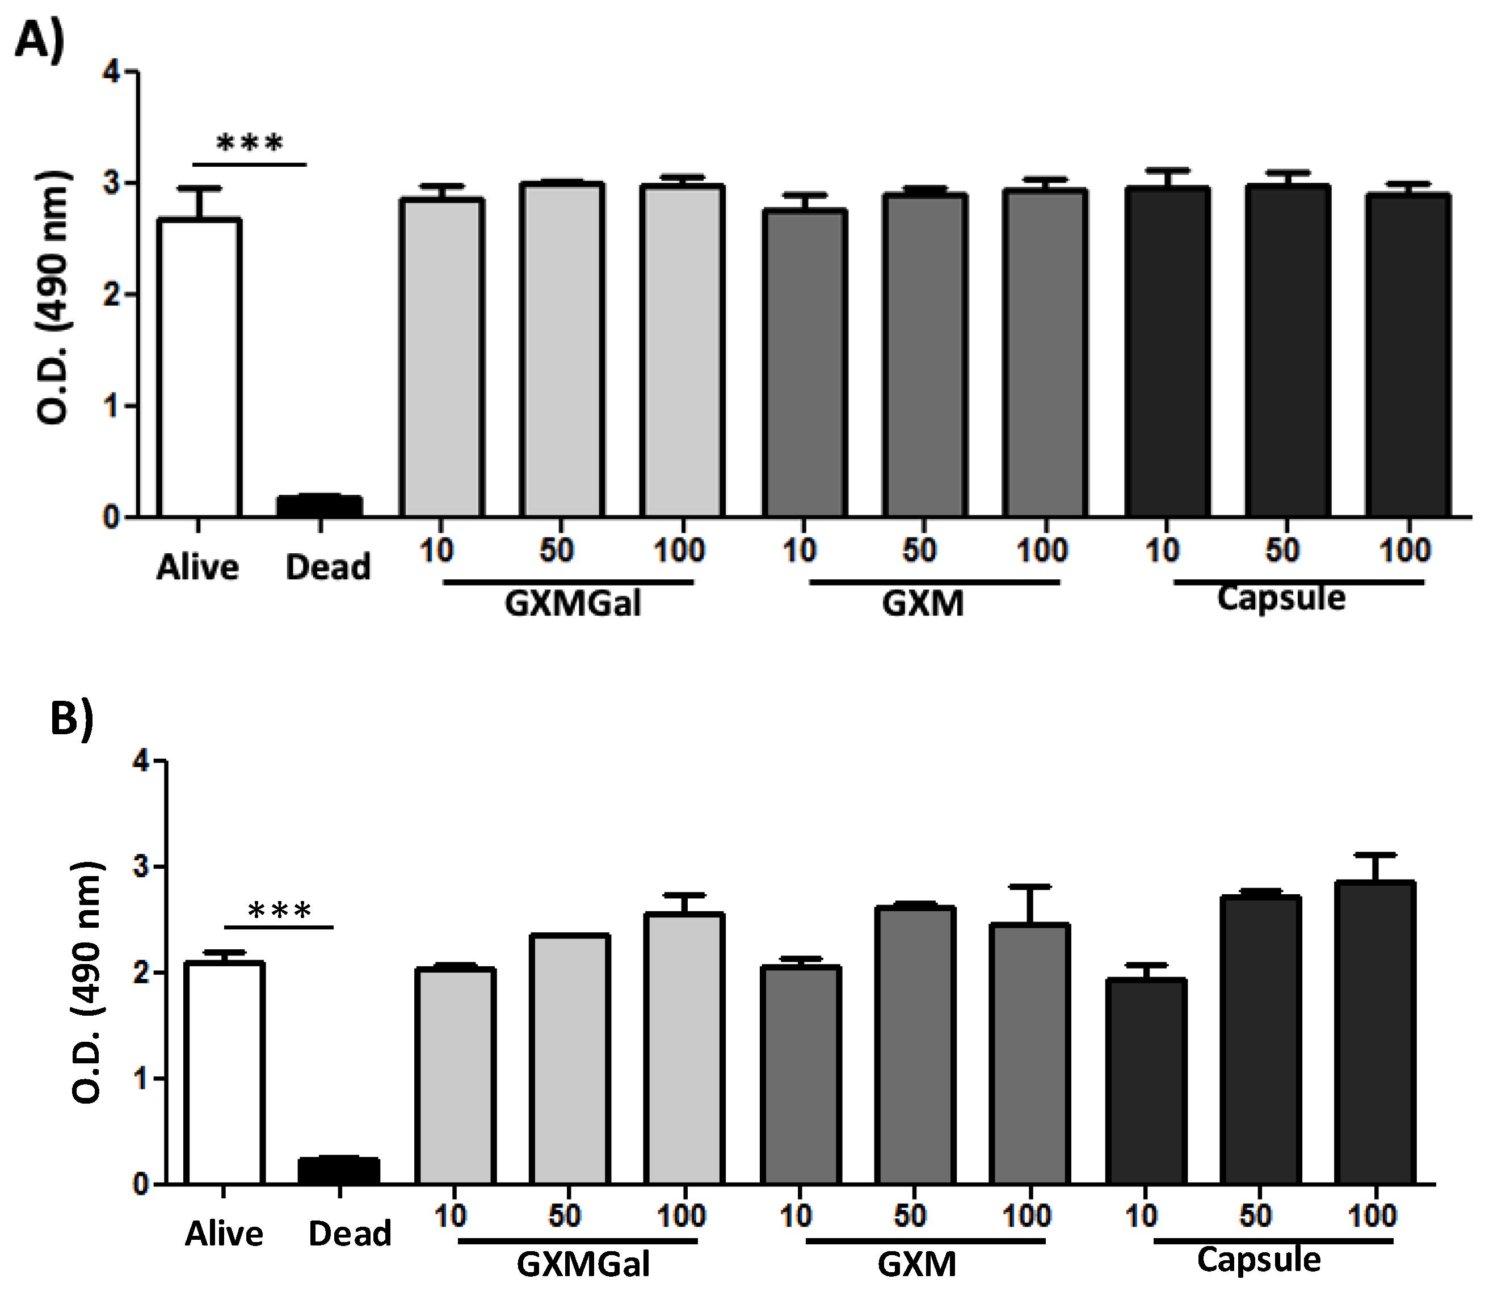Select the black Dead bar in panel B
pos(339,1170)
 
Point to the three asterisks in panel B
pos(280,911)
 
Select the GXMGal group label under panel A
pos(573,603)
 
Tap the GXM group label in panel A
pos(923,603)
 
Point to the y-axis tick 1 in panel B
pos(141,1079)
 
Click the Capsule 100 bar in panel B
pos(1375,1031)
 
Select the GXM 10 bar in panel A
pos(805,364)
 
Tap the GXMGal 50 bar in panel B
pos(570,1060)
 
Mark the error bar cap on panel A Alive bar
pos(198,189)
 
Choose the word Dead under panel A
pos(328,567)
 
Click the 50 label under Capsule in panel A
pos(1282,551)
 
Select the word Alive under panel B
pos(224,1234)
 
